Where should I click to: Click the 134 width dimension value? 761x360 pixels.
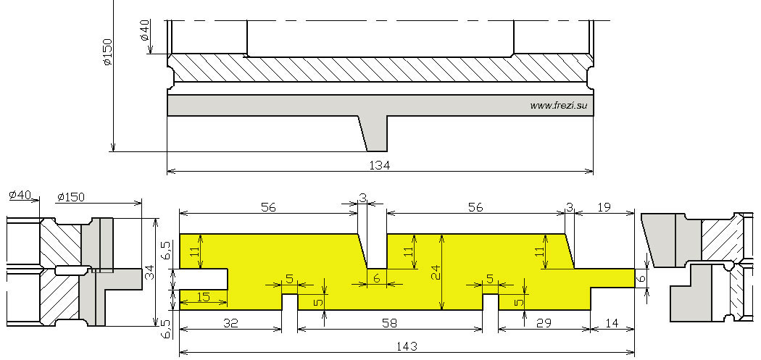[x=380, y=166]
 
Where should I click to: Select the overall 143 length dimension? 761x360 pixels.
[x=407, y=346]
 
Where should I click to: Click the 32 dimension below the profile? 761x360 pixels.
[x=230, y=324]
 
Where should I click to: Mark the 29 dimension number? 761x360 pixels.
[x=544, y=322]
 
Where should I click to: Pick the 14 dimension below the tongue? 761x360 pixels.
[x=612, y=323]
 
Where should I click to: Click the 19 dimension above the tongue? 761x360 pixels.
[x=604, y=207]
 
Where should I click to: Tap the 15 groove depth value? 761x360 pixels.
[x=204, y=297]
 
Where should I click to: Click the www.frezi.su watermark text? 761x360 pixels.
[x=561, y=105]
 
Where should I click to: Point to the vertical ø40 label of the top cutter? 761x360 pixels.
[x=145, y=30]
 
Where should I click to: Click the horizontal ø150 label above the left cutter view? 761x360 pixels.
[x=71, y=197]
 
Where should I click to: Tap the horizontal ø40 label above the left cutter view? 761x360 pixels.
[x=20, y=195]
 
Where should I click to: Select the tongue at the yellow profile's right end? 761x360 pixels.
[x=612, y=278]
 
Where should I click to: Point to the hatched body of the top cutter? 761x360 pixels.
[x=380, y=68]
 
